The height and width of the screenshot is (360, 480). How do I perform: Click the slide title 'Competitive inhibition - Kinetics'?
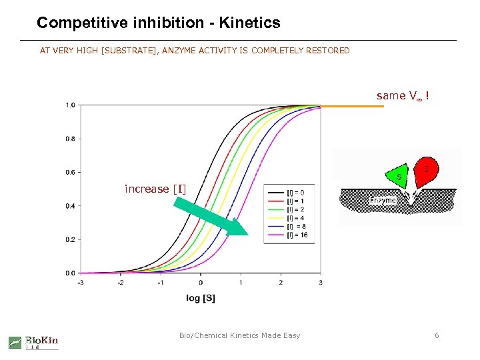159,23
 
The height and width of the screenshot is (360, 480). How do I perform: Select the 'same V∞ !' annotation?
402,96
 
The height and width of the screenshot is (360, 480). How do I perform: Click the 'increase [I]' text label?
155,189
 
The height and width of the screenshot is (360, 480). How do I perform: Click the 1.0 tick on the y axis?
70,105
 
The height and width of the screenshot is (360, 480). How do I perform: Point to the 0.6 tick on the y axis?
70,173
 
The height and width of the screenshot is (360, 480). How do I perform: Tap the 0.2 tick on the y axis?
70,239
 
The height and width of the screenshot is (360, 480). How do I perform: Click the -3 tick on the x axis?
80,283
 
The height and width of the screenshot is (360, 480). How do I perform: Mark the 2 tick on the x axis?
281,283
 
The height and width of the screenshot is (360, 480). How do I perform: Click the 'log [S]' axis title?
201,298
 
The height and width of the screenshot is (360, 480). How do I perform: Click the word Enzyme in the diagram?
382,199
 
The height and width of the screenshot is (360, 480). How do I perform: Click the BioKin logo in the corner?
33,342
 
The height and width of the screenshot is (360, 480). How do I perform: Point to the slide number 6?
437,335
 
